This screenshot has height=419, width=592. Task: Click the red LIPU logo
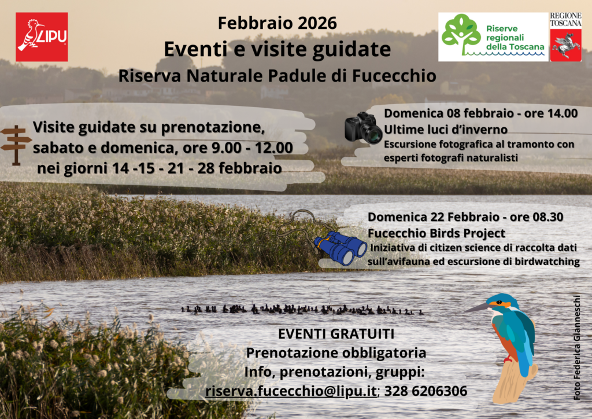[42, 37]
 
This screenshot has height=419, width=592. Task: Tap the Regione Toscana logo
[565, 36]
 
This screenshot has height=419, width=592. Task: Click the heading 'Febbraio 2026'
[277, 23]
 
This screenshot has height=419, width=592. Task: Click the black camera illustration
[364, 128]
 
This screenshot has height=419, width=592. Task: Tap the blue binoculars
[341, 248]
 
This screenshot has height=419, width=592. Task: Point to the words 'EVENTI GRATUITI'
[336, 334]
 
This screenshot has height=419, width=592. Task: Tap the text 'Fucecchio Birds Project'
[436, 233]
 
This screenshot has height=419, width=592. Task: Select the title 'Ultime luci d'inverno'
[446, 129]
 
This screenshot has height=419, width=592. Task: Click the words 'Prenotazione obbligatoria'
[336, 352]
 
